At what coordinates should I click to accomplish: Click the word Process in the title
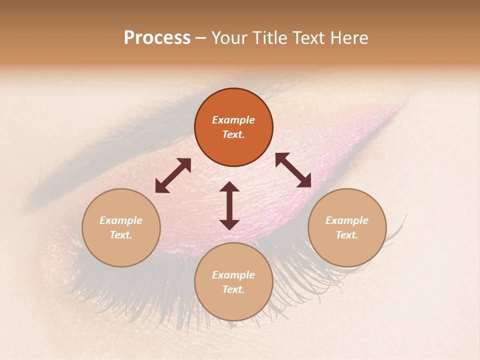point(157,38)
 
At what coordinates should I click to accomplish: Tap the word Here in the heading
point(348,38)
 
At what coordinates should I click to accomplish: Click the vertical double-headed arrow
point(229,205)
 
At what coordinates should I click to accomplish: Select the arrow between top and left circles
point(173,175)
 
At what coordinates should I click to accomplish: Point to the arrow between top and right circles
point(293,170)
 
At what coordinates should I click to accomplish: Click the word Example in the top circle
point(233,120)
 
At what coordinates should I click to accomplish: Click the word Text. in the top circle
point(233,134)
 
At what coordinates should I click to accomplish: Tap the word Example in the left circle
point(121,220)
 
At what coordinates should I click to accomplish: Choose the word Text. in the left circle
point(121,235)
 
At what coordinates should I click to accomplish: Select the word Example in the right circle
point(347,220)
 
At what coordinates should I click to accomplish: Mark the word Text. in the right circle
point(347,235)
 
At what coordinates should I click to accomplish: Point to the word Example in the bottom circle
point(233,275)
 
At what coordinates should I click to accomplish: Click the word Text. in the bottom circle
point(233,289)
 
